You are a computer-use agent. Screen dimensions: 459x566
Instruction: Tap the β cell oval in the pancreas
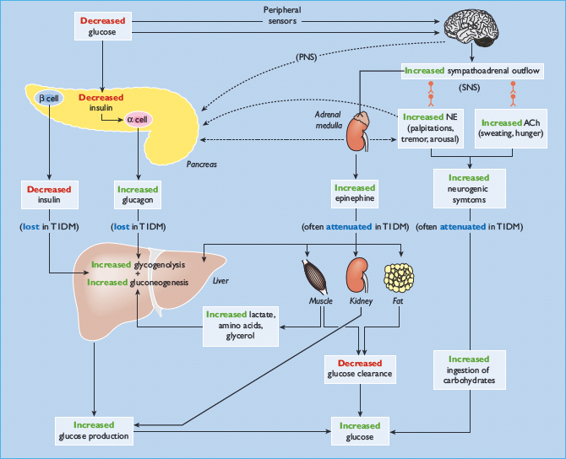click(x=47, y=98)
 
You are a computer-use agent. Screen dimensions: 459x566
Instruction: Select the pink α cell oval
click(x=137, y=119)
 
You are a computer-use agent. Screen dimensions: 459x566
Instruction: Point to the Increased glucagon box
click(x=138, y=196)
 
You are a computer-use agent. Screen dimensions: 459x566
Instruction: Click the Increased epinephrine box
click(x=354, y=195)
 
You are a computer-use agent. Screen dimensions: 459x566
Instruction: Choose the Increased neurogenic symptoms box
click(x=469, y=190)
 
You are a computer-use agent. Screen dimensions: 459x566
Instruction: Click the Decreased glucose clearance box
click(x=361, y=369)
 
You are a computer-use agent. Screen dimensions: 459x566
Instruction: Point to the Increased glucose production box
click(x=94, y=430)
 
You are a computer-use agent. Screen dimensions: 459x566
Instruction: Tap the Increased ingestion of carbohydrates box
click(x=469, y=370)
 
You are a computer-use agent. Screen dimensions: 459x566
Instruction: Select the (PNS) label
click(x=307, y=57)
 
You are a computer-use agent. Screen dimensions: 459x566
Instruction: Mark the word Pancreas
click(x=201, y=165)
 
